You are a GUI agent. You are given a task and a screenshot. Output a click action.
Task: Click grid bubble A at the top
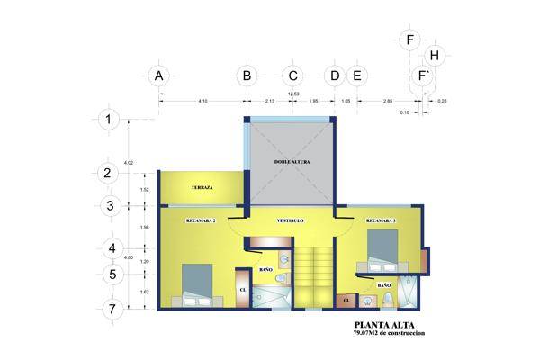click(x=158, y=76)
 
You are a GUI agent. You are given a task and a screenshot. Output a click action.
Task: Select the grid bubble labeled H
click(x=435, y=56)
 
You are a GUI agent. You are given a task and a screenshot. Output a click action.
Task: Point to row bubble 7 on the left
click(x=111, y=309)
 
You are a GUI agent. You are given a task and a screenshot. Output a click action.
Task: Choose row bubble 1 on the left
click(x=110, y=119)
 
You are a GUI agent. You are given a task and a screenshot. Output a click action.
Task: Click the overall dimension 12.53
click(x=293, y=94)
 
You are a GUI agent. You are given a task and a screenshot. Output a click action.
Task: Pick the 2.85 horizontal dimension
click(x=387, y=102)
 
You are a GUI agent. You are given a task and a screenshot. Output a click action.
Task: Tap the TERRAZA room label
click(x=202, y=187)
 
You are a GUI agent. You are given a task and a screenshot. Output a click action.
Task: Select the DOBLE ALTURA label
click(x=292, y=162)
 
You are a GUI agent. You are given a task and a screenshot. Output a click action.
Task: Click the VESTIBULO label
click(x=290, y=220)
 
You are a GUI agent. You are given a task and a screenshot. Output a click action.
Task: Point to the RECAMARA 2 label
click(x=200, y=220)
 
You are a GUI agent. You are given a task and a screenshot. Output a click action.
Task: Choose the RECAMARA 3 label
click(x=381, y=220)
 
